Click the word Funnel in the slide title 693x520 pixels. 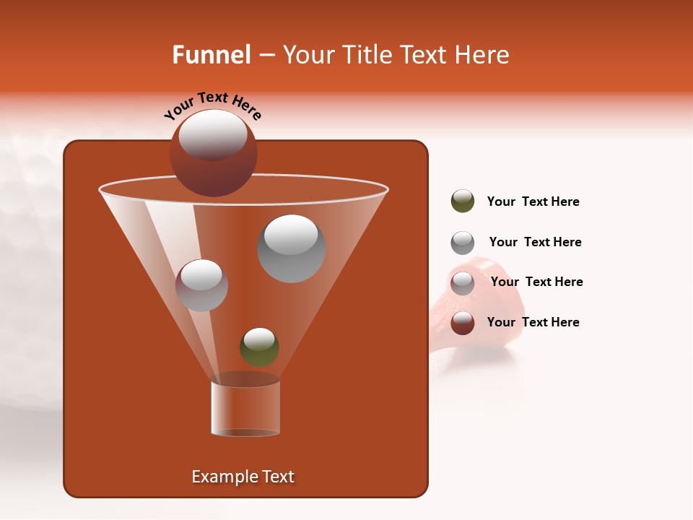211,55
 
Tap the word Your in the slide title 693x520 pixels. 305,55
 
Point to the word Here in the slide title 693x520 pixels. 481,55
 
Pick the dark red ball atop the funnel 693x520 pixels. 213,153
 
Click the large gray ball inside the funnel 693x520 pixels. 291,248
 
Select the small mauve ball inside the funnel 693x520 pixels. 201,285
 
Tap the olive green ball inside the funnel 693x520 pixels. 259,347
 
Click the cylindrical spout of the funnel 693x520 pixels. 245,408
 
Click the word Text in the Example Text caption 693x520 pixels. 277,477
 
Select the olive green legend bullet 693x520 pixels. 462,201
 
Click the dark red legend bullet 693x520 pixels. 462,323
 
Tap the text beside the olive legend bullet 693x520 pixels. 533,201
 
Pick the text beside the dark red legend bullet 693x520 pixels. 533,322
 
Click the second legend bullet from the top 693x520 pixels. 462,243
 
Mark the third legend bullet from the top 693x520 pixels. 462,283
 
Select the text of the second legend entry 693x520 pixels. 535,242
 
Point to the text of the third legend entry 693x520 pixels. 536,282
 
